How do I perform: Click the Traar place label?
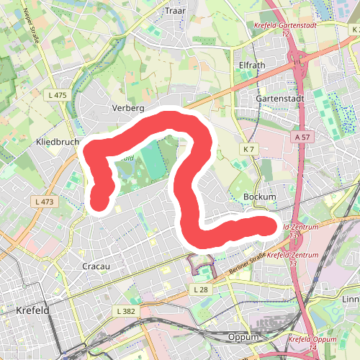click(x=175, y=11)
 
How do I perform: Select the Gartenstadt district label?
click(x=282, y=98)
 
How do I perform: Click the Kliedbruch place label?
click(x=57, y=143)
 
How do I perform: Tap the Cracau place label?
click(x=96, y=266)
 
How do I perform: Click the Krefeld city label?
click(x=31, y=310)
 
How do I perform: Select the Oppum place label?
click(x=242, y=337)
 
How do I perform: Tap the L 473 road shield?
click(x=43, y=202)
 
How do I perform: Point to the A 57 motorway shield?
click(x=303, y=136)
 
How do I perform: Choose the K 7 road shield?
click(x=249, y=148)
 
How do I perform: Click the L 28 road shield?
click(x=200, y=289)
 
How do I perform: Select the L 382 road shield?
click(x=125, y=310)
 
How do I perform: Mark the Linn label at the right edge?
click(x=351, y=299)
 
